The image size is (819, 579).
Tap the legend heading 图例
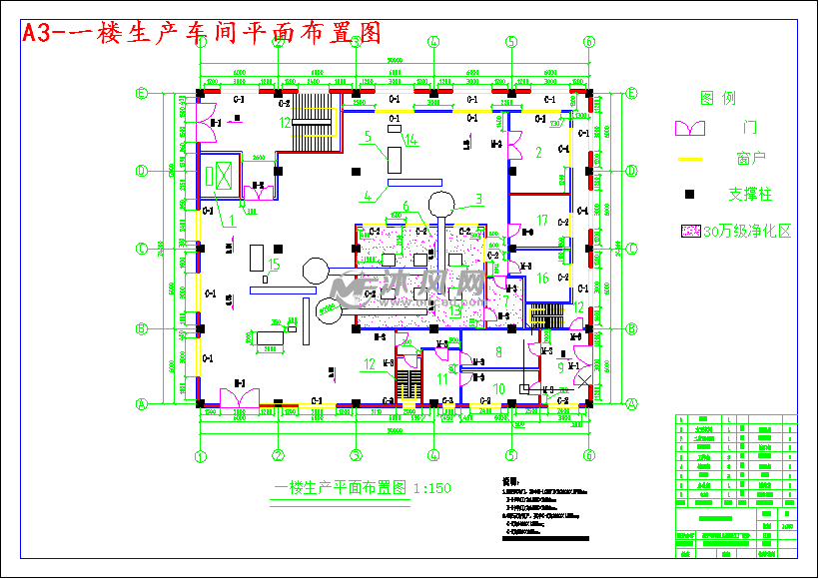click(x=717, y=98)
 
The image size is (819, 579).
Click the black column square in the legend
click(x=688, y=194)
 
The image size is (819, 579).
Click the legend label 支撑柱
click(x=750, y=194)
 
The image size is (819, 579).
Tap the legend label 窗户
click(x=750, y=159)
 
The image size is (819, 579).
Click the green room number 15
click(x=275, y=265)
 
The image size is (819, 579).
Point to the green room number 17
click(x=542, y=221)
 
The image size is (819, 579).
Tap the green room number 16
click(x=542, y=279)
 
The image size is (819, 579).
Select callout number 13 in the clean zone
click(x=455, y=312)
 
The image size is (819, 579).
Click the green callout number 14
click(x=410, y=140)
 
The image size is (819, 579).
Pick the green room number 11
click(x=442, y=379)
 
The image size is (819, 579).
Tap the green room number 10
click(x=499, y=388)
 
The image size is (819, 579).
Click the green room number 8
click(x=499, y=352)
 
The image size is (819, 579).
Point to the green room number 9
click(x=560, y=367)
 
